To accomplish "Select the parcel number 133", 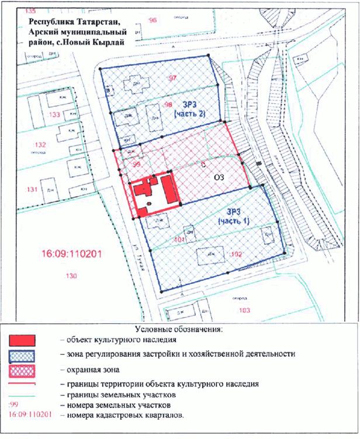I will coord(55,114).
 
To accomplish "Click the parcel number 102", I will coord(237,254).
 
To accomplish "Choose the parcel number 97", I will coord(172,78).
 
